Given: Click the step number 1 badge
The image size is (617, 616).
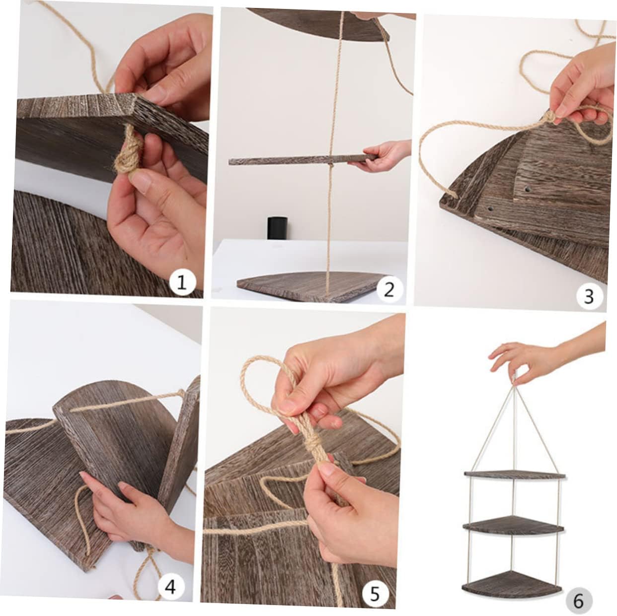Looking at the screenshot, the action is (182, 282).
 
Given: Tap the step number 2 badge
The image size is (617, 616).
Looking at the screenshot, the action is (389, 289).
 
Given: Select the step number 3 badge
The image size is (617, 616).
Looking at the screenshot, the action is (589, 296).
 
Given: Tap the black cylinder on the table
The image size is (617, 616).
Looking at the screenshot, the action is (277, 228).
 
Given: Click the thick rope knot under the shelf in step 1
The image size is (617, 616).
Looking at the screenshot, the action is (129, 153).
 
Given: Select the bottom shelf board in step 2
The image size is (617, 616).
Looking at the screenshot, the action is (309, 287).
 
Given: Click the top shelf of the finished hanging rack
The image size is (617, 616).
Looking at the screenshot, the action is (515, 475).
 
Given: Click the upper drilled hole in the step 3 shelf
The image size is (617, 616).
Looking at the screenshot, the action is (526, 190).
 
